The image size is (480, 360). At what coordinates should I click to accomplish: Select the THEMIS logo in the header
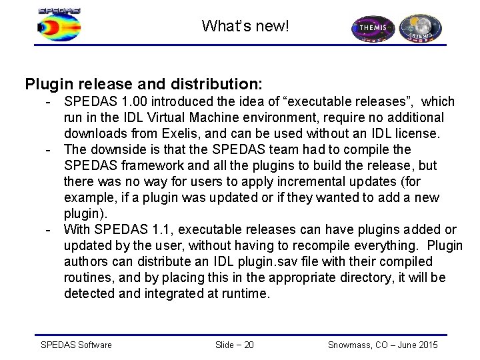pyautogui.click(x=374, y=29)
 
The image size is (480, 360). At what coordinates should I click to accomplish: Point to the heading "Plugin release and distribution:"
pyautogui.click(x=144, y=85)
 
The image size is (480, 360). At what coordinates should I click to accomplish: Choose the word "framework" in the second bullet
pyautogui.click(x=153, y=165)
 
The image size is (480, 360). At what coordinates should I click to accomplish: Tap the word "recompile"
pyautogui.click(x=294, y=246)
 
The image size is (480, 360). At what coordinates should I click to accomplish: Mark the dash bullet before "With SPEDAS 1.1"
pyautogui.click(x=49, y=230)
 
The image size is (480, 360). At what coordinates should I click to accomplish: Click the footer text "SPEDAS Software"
pyautogui.click(x=77, y=344)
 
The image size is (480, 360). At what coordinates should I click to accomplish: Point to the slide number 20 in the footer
pyautogui.click(x=247, y=344)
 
